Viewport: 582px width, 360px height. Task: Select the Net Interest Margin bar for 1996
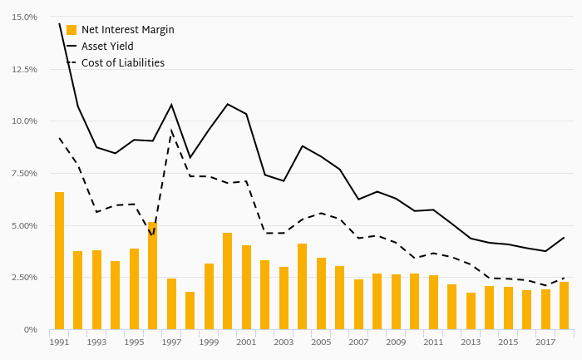click(153, 275)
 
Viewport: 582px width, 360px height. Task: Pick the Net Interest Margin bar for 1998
click(190, 310)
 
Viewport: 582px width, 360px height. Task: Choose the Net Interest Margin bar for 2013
click(471, 311)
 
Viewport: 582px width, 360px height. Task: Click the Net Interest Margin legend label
click(128, 30)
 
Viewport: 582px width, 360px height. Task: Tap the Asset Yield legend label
click(107, 47)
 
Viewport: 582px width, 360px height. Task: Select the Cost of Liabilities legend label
click(123, 63)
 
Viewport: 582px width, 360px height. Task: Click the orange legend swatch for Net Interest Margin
click(72, 30)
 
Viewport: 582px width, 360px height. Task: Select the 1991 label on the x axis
click(59, 343)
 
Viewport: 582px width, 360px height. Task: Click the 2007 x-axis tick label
click(358, 343)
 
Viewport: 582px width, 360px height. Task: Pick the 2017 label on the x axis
click(545, 343)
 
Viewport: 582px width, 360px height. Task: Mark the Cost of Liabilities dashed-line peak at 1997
click(171, 130)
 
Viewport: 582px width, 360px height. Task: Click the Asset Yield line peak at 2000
click(228, 104)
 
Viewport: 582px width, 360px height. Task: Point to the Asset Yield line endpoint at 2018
click(565, 237)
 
